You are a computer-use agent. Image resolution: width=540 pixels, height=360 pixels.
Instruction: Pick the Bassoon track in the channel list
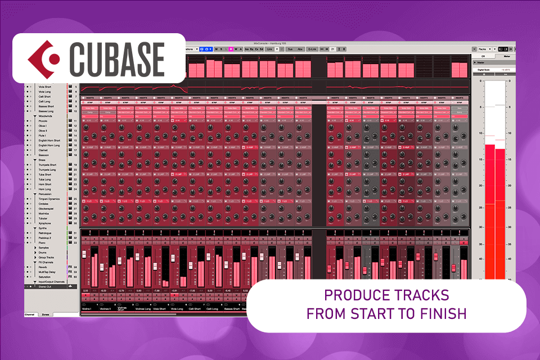(x=44, y=155)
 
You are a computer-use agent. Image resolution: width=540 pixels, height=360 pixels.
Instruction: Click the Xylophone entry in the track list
(x=46, y=223)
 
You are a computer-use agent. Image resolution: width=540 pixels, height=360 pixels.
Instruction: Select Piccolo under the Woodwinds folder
(x=43, y=120)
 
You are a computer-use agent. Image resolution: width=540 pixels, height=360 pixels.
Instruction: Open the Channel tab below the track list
(x=30, y=314)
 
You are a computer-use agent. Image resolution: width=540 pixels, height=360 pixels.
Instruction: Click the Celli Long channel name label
(x=213, y=308)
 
